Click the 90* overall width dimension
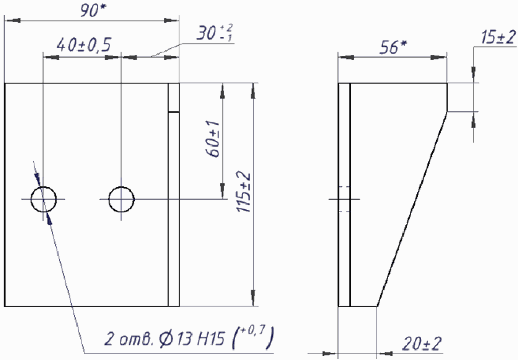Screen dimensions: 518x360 pos(93,10)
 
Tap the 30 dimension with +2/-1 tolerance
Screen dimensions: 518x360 pos(215,33)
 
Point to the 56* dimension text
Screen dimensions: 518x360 pos(393,47)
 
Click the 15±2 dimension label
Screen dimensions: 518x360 pos(498,37)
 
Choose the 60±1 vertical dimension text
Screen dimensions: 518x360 pos(212,139)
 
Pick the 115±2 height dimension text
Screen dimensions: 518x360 pos(243,192)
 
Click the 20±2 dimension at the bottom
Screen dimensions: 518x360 pos(422,344)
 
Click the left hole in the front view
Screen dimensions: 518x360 pos(31,199)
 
